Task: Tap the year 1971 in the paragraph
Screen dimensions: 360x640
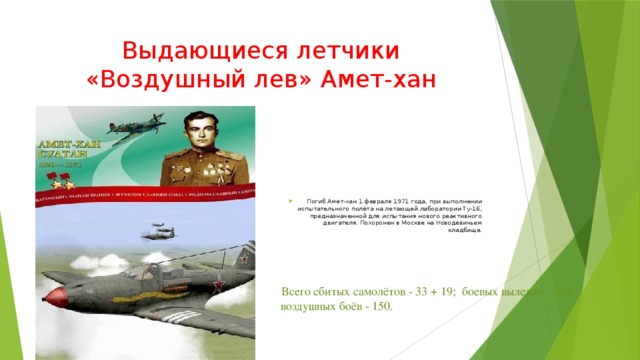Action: click(379, 186)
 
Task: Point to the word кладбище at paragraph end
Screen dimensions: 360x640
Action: click(466, 229)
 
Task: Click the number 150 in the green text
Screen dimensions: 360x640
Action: click(379, 306)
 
